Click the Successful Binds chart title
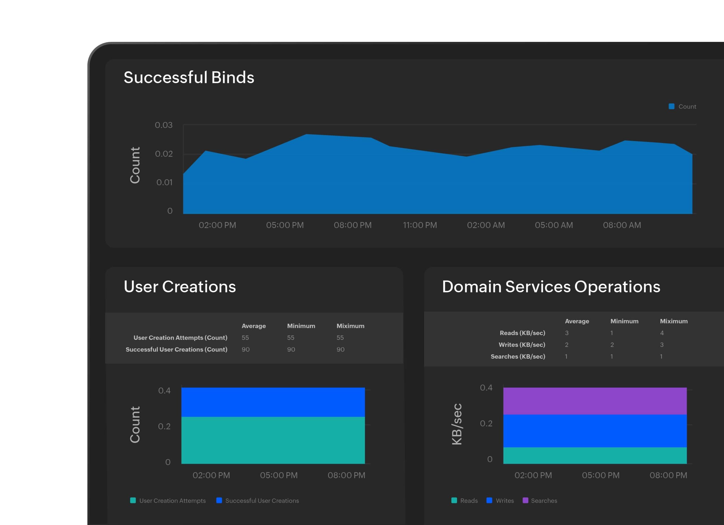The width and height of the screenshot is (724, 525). pyautogui.click(x=189, y=77)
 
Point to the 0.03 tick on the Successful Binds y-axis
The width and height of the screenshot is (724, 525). pyautogui.click(x=163, y=125)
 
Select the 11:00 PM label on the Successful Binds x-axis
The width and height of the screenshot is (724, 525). pyautogui.click(x=420, y=225)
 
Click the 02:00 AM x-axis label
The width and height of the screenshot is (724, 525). pyautogui.click(x=486, y=225)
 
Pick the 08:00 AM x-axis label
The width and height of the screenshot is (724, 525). pyautogui.click(x=622, y=225)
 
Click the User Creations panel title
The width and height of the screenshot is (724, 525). pyautogui.click(x=180, y=286)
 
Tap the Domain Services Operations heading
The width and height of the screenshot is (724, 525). pyautogui.click(x=551, y=286)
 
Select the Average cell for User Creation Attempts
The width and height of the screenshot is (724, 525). pyautogui.click(x=245, y=337)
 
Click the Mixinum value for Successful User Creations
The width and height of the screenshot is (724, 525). pyautogui.click(x=340, y=349)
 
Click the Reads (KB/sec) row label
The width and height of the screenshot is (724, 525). pyautogui.click(x=522, y=333)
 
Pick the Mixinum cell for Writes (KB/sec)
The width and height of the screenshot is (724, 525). pyautogui.click(x=661, y=344)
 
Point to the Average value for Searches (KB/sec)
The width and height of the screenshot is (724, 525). pyautogui.click(x=566, y=356)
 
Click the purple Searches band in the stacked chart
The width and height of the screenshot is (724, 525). pyautogui.click(x=595, y=401)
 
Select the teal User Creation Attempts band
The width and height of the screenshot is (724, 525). pyautogui.click(x=273, y=440)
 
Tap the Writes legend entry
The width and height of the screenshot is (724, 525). pyautogui.click(x=500, y=500)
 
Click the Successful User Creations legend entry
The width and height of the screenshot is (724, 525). pyautogui.click(x=258, y=500)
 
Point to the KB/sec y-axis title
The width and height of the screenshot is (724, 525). pyautogui.click(x=457, y=424)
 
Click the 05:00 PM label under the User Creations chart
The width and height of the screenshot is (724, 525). pyautogui.click(x=279, y=475)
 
